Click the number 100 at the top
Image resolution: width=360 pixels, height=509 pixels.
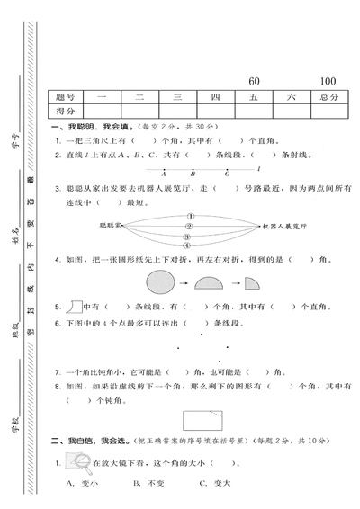pos(328,81)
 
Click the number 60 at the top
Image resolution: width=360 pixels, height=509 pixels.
pos(254,81)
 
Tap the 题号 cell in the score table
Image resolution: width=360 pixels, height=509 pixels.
pos(65,96)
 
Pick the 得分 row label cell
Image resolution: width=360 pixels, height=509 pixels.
pos(65,111)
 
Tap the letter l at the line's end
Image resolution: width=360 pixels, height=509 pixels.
pos(258,167)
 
